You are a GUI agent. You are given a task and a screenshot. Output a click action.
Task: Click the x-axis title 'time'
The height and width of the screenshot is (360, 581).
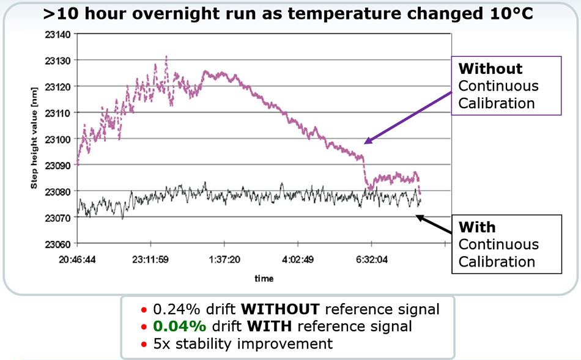264,278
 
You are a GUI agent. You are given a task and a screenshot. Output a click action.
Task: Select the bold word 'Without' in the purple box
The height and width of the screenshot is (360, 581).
490,68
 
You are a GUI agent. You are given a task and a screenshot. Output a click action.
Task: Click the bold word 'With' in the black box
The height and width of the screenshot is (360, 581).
477,227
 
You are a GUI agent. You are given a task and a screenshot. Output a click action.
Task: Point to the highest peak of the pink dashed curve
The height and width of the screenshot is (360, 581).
166,57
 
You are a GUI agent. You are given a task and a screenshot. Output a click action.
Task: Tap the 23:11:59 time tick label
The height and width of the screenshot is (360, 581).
150,259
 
